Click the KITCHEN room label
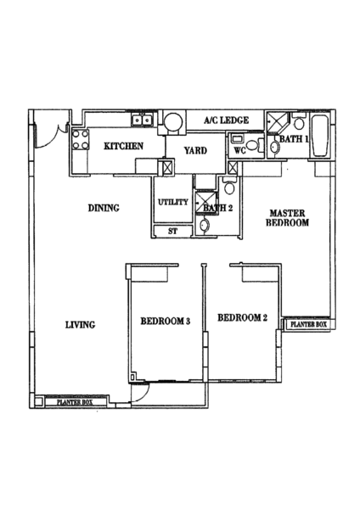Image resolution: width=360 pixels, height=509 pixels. pos(123,146)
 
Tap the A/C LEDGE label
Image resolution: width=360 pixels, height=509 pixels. pos(227,120)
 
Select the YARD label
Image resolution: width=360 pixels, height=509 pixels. pos(195,151)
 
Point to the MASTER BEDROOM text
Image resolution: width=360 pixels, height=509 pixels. pos(287,218)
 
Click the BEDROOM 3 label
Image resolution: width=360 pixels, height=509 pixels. pos(165,321)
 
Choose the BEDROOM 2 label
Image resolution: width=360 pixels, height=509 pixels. pos(242,317)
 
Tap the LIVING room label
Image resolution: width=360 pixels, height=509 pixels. pos(81,325)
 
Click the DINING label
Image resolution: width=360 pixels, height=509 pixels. pos(104,208)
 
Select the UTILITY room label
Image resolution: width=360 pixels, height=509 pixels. pos(173,202)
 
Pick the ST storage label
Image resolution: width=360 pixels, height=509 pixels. pos(173,231)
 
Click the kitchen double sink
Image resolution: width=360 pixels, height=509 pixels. pos(143,120)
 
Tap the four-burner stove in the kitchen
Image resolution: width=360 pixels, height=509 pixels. pos(81,139)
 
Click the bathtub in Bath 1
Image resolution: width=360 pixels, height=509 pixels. pos(320,136)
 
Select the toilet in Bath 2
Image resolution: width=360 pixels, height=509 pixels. pos(229,186)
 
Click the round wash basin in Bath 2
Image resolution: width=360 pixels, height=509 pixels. pos(205,225)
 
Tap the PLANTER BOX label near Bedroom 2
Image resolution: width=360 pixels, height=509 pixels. pos(308,324)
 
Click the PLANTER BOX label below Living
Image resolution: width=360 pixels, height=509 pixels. pos(75,402)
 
